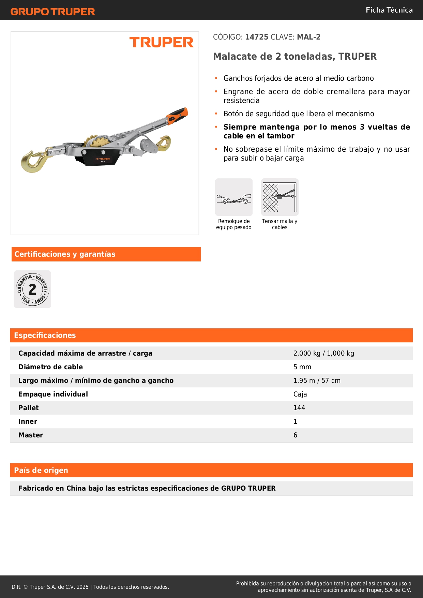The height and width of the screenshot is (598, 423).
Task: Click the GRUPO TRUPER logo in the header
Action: [52, 12]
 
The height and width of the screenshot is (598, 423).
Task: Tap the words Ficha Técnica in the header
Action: [389, 10]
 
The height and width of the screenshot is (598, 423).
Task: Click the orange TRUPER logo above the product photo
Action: [161, 43]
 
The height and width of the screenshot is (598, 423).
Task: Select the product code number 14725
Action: [257, 37]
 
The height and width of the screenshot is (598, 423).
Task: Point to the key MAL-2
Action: [308, 37]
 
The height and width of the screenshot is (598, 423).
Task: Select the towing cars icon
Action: [234, 197]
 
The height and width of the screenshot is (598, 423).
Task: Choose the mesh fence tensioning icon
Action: [280, 197]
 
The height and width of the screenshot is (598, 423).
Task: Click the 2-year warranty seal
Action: [32, 289]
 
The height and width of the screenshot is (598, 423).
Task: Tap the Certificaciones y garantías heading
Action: [65, 254]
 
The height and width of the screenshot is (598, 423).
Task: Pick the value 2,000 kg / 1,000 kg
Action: [323, 353]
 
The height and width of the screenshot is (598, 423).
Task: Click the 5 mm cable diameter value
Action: [302, 367]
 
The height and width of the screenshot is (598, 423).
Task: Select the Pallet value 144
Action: [299, 408]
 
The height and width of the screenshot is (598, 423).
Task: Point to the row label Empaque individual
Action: [53, 394]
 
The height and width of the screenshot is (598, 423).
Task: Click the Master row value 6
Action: [295, 435]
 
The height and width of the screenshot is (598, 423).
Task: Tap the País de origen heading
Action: [41, 470]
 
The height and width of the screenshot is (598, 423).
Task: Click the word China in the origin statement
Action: [76, 488]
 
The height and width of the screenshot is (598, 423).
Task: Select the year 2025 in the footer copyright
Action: [82, 587]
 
